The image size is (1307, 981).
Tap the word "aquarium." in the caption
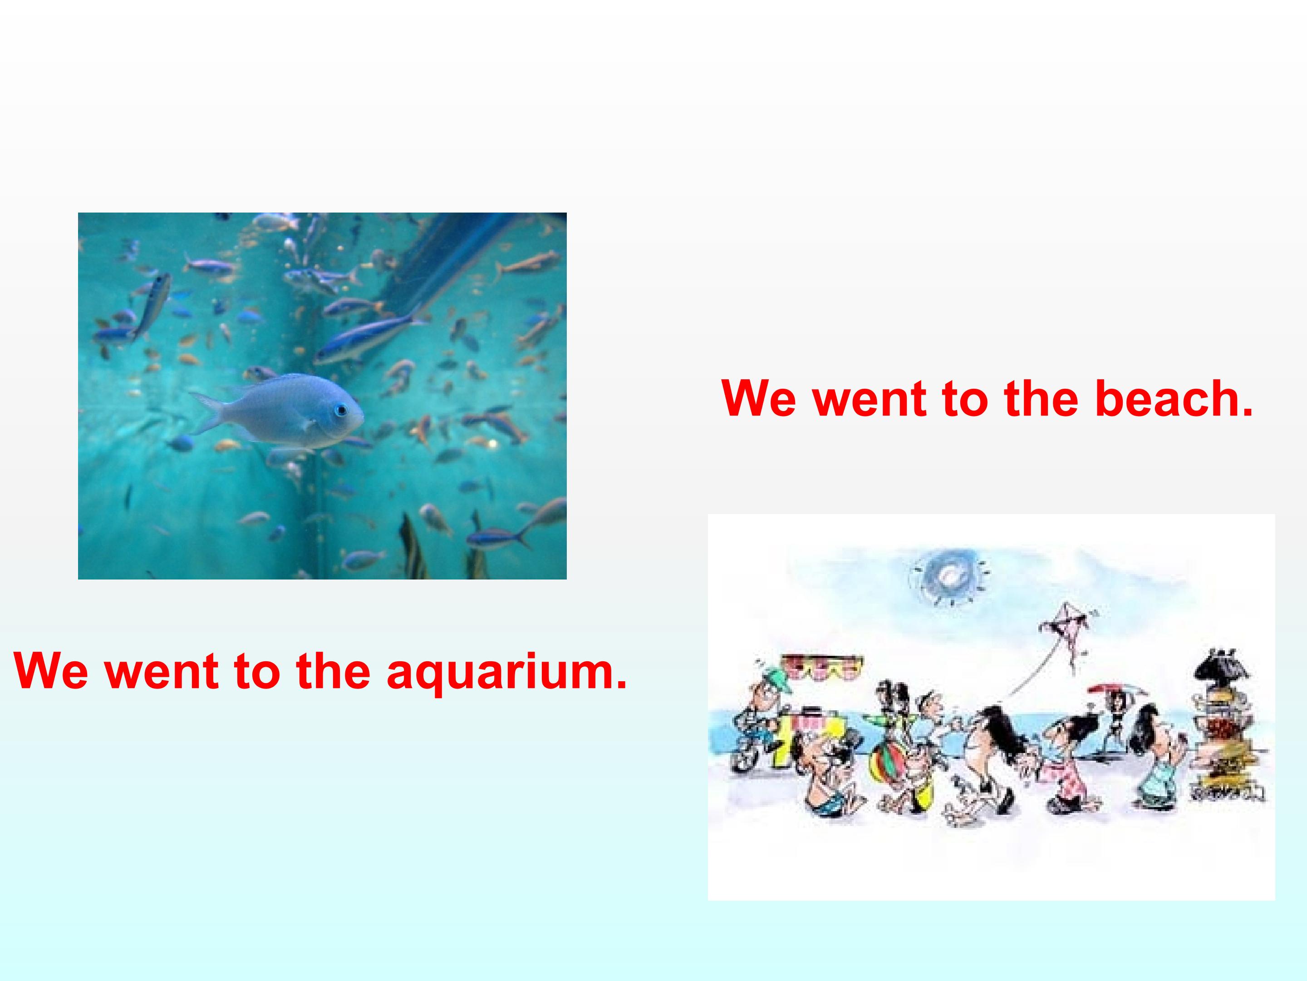click(506, 671)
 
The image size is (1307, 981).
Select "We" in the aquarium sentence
click(51, 671)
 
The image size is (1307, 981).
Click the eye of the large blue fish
click(340, 410)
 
